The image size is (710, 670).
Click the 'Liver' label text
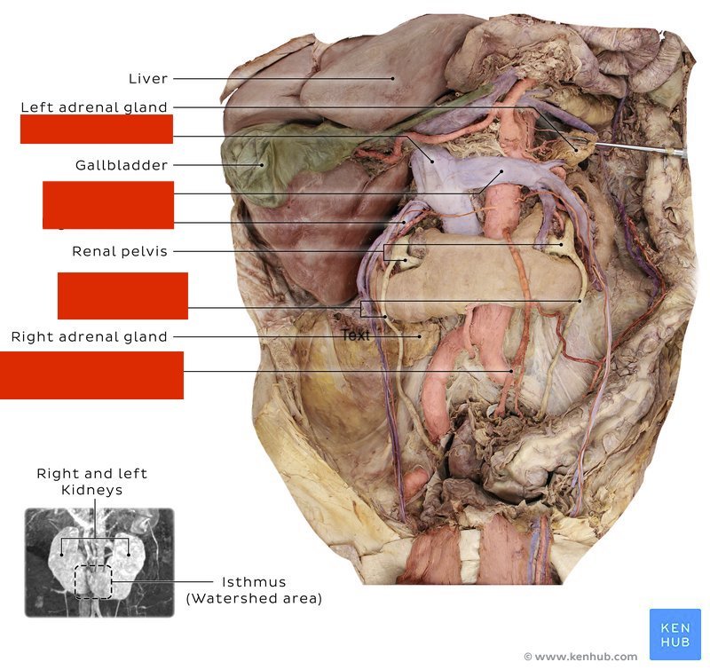coord(147,79)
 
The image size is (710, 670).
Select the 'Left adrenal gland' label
coord(94,107)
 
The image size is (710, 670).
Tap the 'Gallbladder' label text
coord(122,165)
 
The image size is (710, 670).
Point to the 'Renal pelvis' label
coord(120,252)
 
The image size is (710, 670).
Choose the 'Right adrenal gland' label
coord(89,337)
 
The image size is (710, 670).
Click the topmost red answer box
coord(96,130)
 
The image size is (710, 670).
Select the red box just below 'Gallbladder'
coord(107,204)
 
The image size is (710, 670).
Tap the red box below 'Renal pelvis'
coord(122,296)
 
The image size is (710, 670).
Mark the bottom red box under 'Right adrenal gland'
coord(91,374)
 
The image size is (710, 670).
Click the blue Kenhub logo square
coord(674,634)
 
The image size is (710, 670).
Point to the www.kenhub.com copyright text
coord(580,657)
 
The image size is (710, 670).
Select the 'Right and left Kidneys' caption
coord(91,482)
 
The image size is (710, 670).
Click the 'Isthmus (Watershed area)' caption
coord(253,590)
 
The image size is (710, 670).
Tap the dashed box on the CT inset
coord(92,581)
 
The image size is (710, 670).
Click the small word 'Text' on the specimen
coord(355,336)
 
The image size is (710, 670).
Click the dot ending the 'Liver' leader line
coord(392,78)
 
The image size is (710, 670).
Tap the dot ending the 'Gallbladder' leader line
coord(262,165)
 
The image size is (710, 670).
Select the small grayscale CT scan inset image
coord(99,563)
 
